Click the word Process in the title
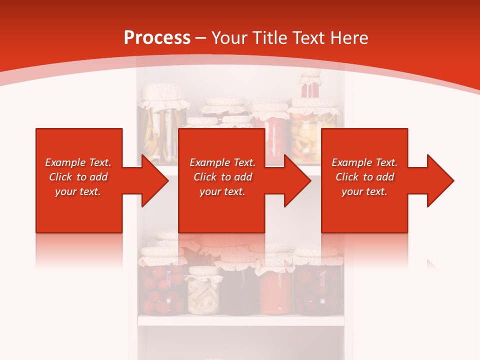pyautogui.click(x=157, y=38)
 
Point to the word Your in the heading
pyautogui.click(x=229, y=38)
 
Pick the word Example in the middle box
pyautogui.click(x=206, y=162)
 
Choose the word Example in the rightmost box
pyautogui.click(x=348, y=162)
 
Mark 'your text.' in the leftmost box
pyautogui.click(x=77, y=191)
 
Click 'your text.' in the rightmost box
pyautogui.click(x=364, y=191)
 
